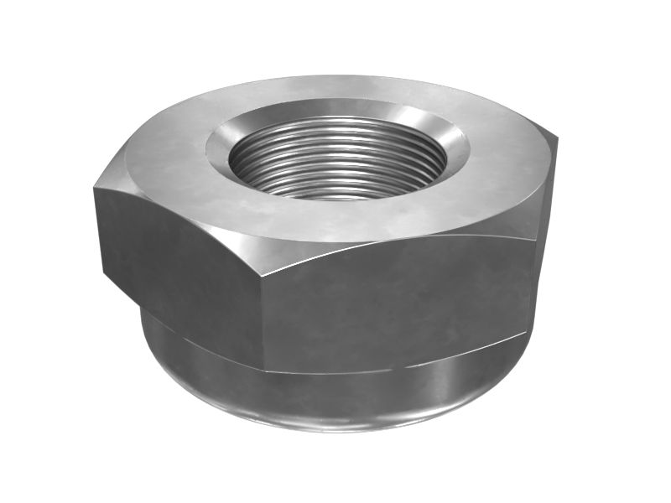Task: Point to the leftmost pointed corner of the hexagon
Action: [x=94, y=189]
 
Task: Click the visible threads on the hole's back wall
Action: [x=335, y=138]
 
